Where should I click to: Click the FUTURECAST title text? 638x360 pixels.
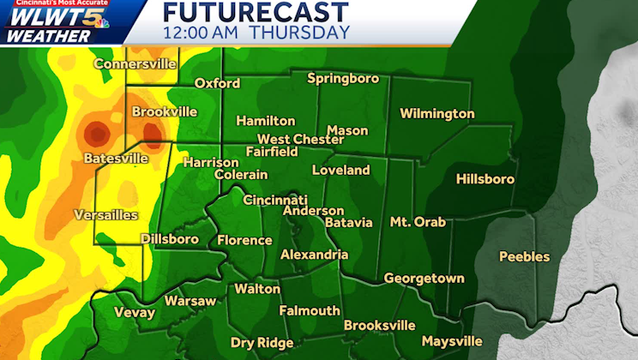pyautogui.click(x=256, y=12)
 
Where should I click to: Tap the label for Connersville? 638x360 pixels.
pyautogui.click(x=135, y=63)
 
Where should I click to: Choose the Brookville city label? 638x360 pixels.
pyautogui.click(x=164, y=111)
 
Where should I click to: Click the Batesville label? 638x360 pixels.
pyautogui.click(x=116, y=159)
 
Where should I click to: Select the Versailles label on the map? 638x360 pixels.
pyautogui.click(x=106, y=213)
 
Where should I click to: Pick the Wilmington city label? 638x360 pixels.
pyautogui.click(x=436, y=113)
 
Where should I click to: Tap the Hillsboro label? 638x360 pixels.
pyautogui.click(x=485, y=179)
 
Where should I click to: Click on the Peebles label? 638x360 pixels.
pyautogui.click(x=524, y=256)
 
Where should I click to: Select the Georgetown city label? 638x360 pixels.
pyautogui.click(x=424, y=279)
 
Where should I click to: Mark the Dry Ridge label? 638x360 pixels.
pyautogui.click(x=262, y=343)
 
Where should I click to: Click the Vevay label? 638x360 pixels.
pyautogui.click(x=135, y=313)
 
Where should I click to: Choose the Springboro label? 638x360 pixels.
pyautogui.click(x=343, y=79)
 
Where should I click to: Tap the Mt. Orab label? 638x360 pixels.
pyautogui.click(x=418, y=221)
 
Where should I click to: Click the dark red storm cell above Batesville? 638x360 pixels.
pyautogui.click(x=96, y=134)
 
